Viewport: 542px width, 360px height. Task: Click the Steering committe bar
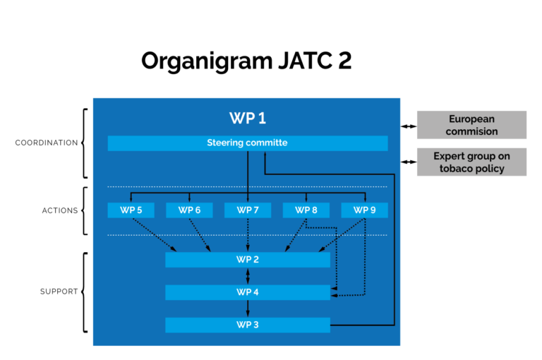tap(248, 143)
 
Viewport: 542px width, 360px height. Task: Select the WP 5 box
tap(131, 210)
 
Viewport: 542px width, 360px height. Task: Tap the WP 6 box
tap(189, 210)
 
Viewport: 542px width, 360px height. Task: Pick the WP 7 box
tap(248, 210)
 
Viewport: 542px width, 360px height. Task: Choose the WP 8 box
tap(306, 210)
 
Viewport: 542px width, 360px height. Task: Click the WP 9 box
tap(364, 210)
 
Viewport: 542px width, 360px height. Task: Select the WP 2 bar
tap(248, 260)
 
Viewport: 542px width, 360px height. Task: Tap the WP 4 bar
tap(248, 292)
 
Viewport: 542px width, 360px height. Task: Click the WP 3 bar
tap(248, 325)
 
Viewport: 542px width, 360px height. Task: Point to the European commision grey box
tap(471, 125)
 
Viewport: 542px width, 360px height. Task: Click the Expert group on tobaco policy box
tap(471, 162)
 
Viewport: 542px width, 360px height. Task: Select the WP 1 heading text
tap(248, 119)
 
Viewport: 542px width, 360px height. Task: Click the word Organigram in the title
tap(207, 61)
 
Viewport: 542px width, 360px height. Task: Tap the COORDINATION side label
tap(47, 143)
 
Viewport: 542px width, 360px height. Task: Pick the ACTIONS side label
tap(60, 210)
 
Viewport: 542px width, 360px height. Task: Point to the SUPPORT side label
tap(59, 292)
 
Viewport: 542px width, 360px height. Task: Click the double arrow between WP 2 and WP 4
tap(248, 276)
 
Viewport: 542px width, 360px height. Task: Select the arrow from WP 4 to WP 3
tap(248, 308)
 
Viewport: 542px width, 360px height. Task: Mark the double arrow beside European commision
tap(409, 126)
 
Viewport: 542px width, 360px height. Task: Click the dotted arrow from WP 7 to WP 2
tap(248, 235)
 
